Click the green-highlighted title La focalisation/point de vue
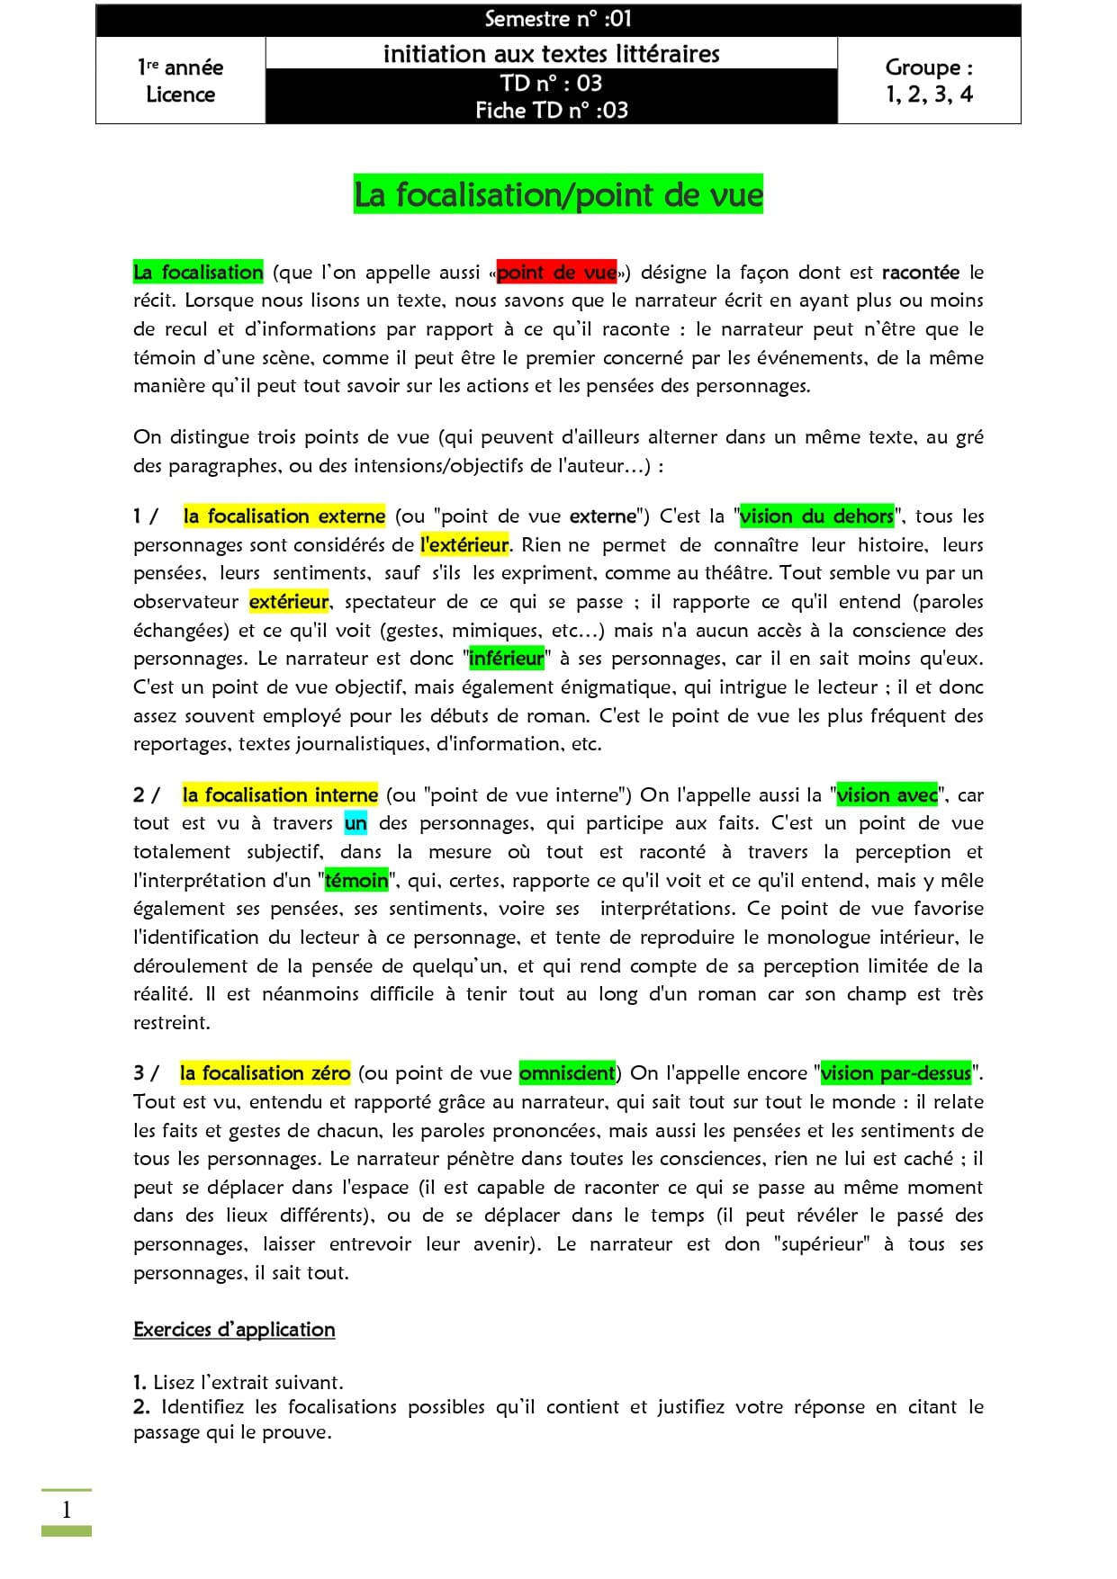click(558, 194)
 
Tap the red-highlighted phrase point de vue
click(556, 272)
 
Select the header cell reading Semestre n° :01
click(558, 19)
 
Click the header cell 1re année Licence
click(180, 80)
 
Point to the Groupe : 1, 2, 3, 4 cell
click(929, 80)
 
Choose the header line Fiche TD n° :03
click(551, 110)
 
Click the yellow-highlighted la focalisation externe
click(284, 516)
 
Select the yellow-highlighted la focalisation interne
click(280, 794)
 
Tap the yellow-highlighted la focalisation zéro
click(265, 1072)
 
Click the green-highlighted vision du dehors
click(816, 516)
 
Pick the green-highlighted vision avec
click(887, 794)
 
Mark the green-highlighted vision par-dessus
click(896, 1072)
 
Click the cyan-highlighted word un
click(356, 822)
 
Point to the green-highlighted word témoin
click(356, 880)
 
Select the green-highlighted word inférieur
click(507, 658)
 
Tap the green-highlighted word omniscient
click(567, 1072)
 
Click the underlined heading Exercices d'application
click(234, 1329)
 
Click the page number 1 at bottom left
click(66, 1509)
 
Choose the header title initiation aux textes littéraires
click(551, 54)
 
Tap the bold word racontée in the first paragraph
click(920, 272)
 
